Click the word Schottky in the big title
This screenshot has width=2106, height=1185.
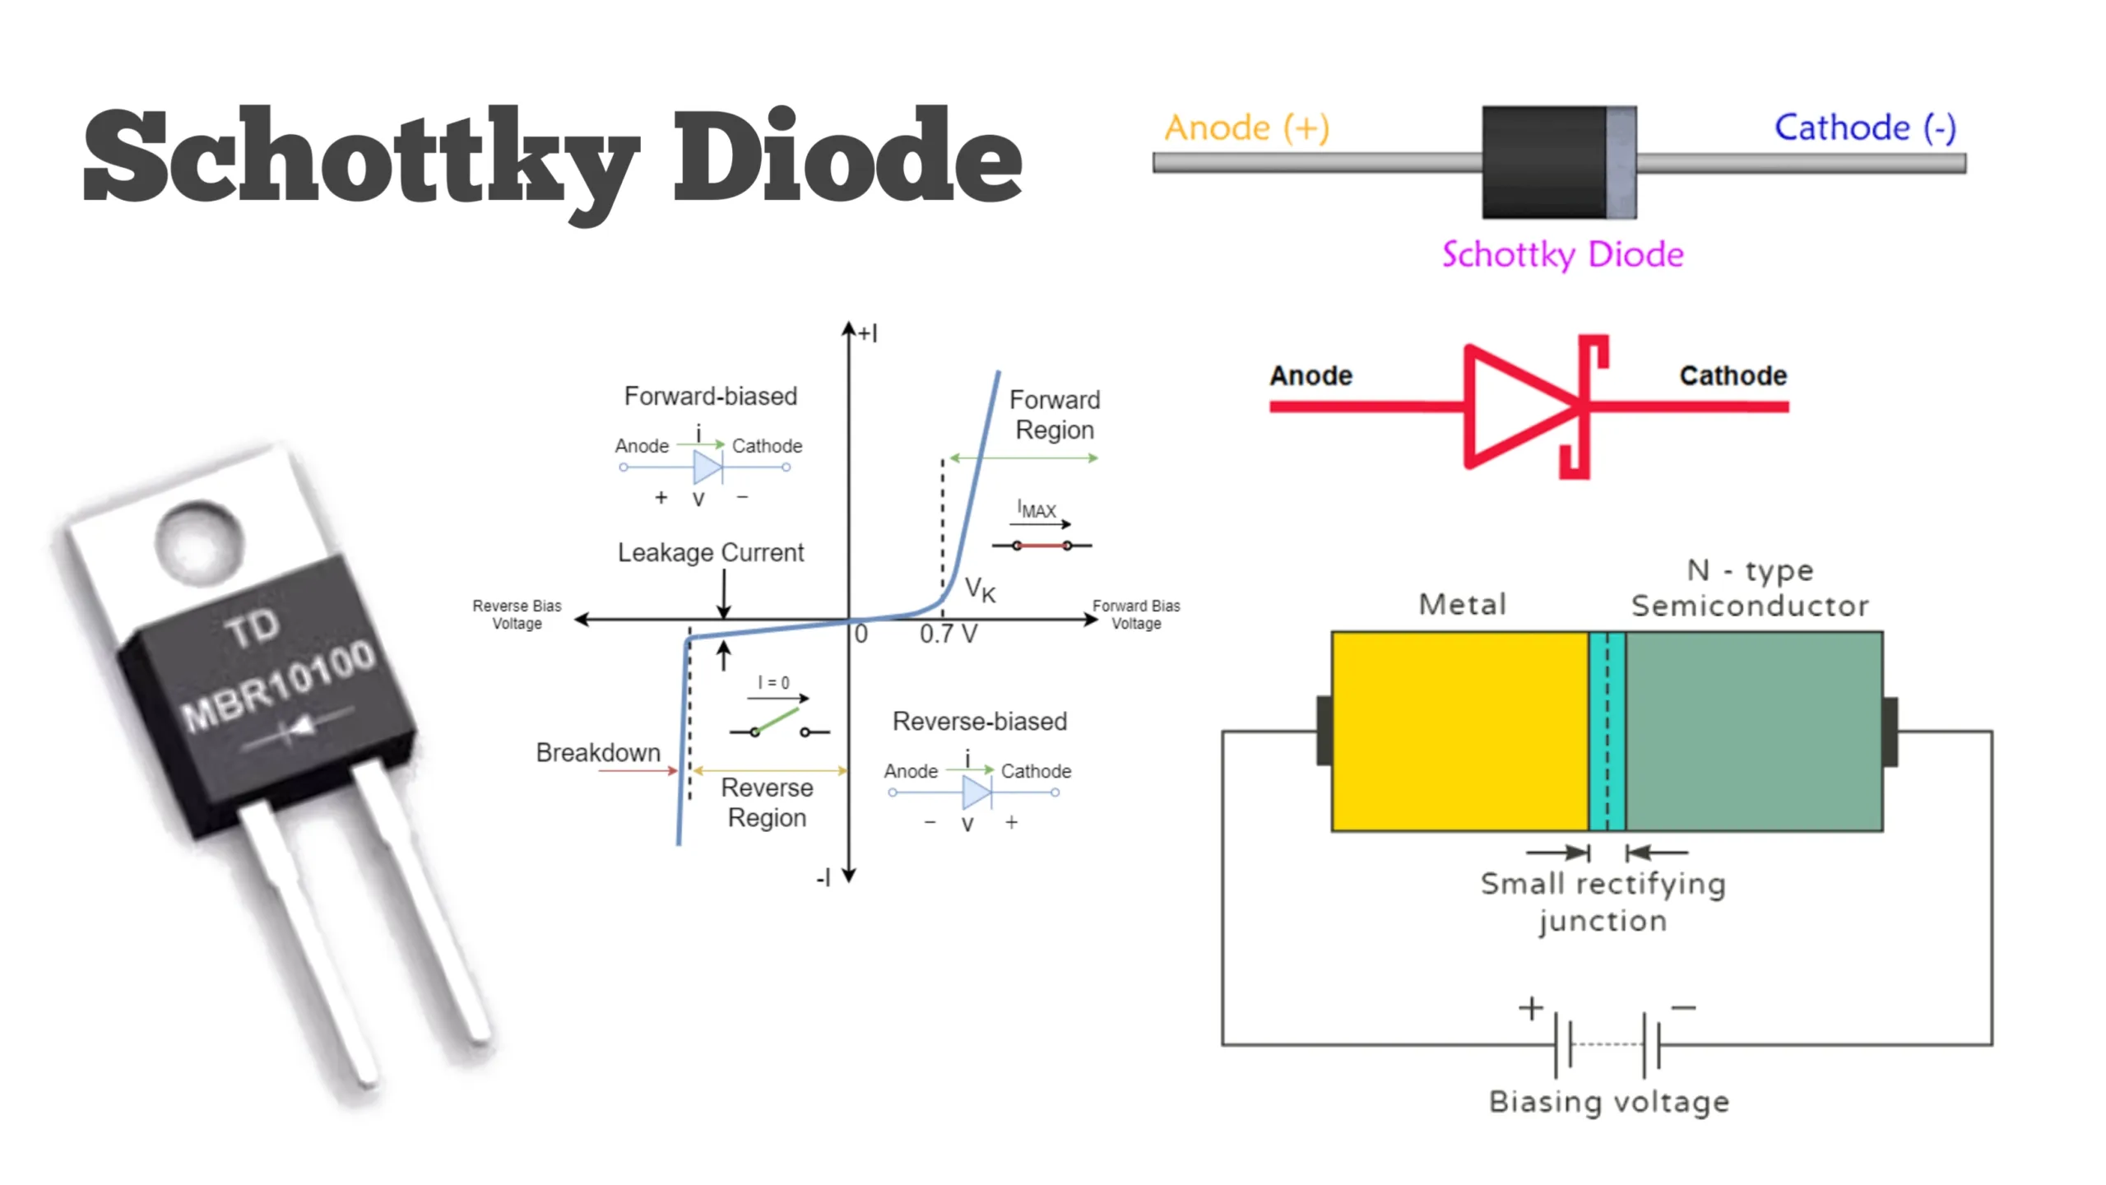coord(362,156)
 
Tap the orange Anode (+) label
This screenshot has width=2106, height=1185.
coord(1246,128)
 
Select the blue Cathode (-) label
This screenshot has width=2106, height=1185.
coord(1864,128)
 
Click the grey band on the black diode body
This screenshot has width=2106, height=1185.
coord(1621,162)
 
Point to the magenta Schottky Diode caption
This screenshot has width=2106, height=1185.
coord(1562,254)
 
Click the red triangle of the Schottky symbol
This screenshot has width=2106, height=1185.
coord(1514,407)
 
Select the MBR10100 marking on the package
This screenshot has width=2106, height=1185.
coord(278,685)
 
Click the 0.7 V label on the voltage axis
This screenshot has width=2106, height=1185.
coord(948,634)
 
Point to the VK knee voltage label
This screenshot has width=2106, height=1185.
coord(979,589)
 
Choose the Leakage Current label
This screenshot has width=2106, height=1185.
coord(710,553)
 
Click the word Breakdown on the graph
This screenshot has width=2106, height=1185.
coord(598,753)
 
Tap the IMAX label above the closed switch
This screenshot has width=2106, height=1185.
coord(1036,509)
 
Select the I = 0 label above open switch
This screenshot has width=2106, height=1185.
coord(773,683)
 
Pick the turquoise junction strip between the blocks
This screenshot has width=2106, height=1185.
coord(1607,731)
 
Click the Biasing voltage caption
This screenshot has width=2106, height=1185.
coord(1608,1102)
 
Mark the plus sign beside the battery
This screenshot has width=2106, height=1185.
coord(1530,1008)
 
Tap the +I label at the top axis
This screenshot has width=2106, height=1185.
coord(868,333)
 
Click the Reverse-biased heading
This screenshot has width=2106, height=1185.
coord(979,722)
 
